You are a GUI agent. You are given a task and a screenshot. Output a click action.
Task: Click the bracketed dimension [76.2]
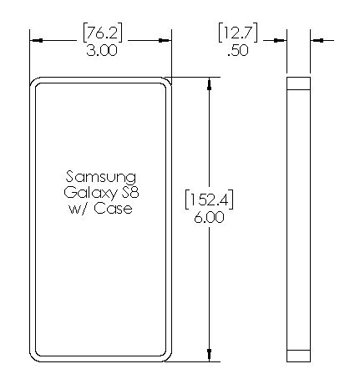(103, 33)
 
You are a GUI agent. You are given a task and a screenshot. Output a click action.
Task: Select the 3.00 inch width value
(102, 51)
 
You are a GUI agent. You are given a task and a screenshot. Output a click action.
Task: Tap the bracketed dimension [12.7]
(238, 33)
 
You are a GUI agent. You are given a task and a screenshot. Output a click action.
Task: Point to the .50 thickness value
(238, 51)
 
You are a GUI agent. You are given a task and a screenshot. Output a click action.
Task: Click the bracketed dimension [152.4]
(209, 200)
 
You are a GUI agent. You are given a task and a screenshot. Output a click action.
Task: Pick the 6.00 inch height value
(209, 217)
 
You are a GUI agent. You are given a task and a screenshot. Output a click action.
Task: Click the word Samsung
(101, 178)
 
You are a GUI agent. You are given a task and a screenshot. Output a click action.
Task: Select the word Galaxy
(89, 193)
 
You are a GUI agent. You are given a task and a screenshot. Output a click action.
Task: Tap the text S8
(130, 192)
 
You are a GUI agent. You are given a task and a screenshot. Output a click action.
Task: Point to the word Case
(113, 208)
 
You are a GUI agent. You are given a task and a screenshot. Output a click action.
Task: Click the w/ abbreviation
(78, 209)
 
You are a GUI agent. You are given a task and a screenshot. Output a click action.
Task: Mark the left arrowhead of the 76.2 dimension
(36, 41)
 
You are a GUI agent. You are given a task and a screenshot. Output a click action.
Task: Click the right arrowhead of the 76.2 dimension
(165, 41)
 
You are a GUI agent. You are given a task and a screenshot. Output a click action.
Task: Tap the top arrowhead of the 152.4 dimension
(210, 83)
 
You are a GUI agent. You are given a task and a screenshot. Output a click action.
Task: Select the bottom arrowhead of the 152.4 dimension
(210, 356)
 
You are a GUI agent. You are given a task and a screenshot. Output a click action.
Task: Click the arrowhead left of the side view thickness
(280, 41)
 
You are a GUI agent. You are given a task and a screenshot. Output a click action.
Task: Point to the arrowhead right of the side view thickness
(317, 41)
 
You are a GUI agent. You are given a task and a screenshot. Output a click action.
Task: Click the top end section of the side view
(298, 83)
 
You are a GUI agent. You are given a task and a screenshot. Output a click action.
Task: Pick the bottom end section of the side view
(298, 356)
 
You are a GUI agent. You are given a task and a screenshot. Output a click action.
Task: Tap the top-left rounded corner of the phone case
(32, 80)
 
